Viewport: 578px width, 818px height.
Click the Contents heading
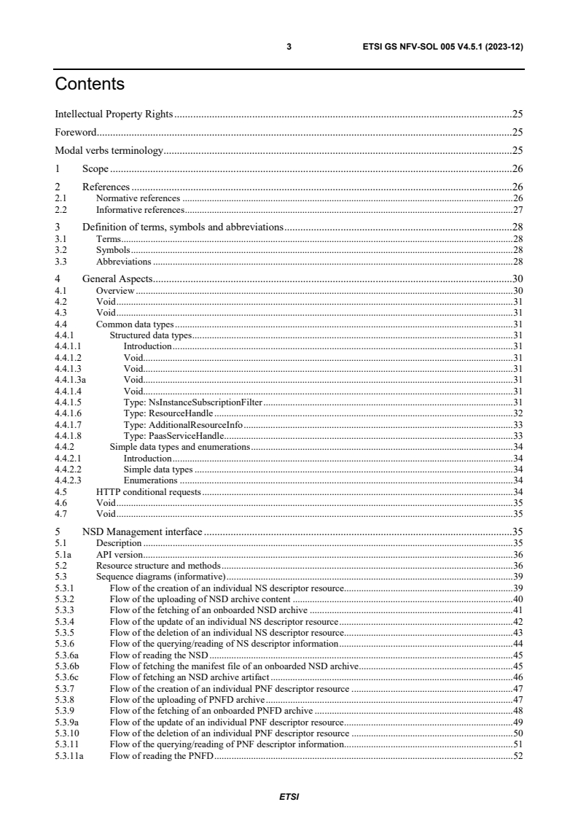[x=90, y=85]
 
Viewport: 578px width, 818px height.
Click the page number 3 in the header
[x=289, y=47]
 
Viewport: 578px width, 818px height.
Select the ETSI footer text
[x=289, y=796]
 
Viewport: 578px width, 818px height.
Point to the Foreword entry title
[x=76, y=132]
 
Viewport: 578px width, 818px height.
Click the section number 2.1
[x=61, y=198]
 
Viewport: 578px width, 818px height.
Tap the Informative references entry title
[x=135, y=209]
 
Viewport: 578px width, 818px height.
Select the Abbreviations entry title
[x=124, y=261]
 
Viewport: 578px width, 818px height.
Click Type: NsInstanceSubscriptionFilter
[x=193, y=402]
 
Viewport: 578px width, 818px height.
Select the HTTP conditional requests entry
[x=149, y=492]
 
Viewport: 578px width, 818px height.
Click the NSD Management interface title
[x=142, y=531]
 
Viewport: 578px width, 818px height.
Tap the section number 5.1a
[x=63, y=554]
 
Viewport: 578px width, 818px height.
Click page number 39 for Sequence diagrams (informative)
[x=518, y=576]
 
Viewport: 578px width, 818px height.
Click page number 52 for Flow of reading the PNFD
[x=518, y=755]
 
